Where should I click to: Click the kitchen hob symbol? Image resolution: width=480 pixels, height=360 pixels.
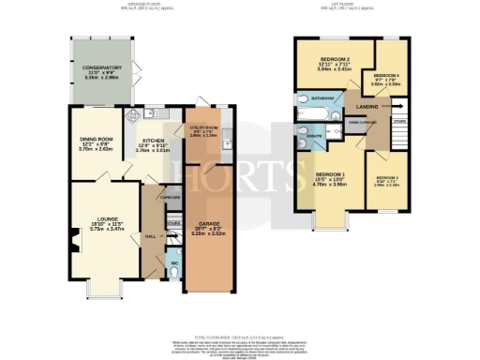132,115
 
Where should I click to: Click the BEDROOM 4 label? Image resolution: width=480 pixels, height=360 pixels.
387,74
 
